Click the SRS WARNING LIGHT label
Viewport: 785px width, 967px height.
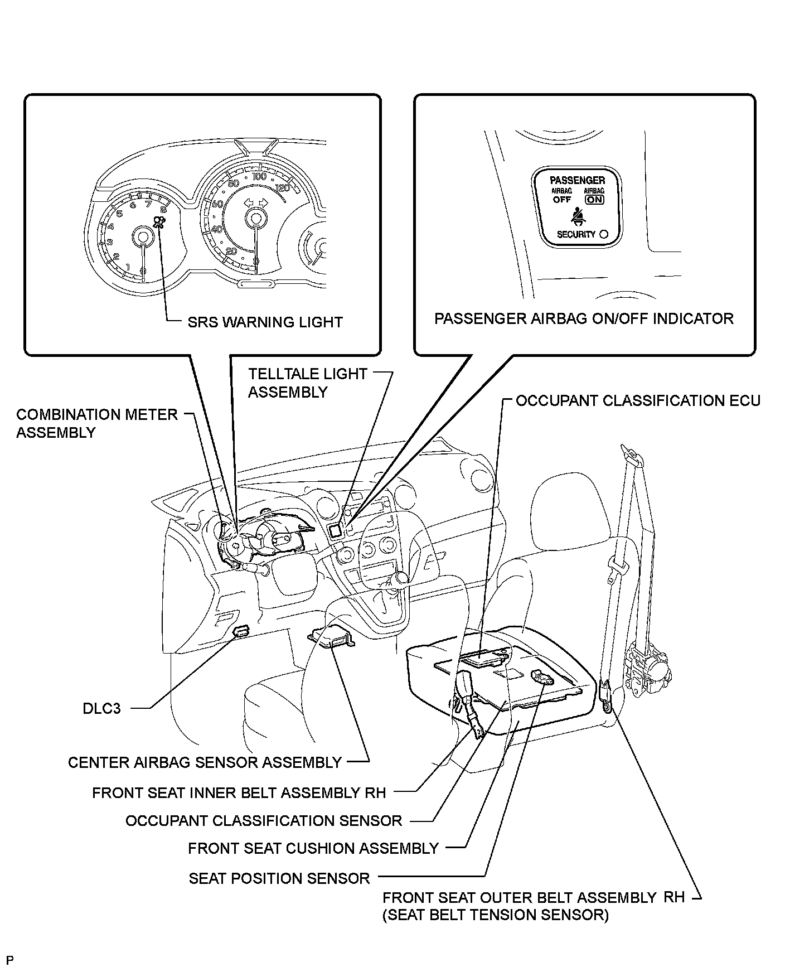point(265,322)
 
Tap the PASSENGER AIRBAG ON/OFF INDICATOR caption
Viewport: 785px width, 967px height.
point(584,318)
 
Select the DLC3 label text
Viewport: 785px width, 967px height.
point(101,709)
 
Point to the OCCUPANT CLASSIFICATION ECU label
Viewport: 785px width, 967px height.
point(638,400)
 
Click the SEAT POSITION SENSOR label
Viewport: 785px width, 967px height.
point(279,878)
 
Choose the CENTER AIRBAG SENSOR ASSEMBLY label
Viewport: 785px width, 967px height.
point(205,762)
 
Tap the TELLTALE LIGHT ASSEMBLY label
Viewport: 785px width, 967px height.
point(307,383)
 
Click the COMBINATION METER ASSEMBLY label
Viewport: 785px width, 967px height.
point(96,423)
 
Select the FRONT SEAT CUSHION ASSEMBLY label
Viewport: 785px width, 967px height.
point(313,848)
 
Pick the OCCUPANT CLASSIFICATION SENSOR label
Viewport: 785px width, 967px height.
point(264,821)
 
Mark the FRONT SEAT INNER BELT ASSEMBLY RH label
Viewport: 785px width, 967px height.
point(239,792)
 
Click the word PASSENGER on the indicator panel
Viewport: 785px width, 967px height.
point(577,180)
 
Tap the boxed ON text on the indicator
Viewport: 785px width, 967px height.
point(594,200)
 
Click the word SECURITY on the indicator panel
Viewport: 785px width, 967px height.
point(576,235)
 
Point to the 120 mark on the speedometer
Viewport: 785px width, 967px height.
point(283,188)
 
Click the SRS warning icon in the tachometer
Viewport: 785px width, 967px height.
point(160,224)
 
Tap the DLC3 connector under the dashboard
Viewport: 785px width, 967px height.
point(241,631)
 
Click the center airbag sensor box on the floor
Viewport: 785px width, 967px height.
point(332,637)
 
